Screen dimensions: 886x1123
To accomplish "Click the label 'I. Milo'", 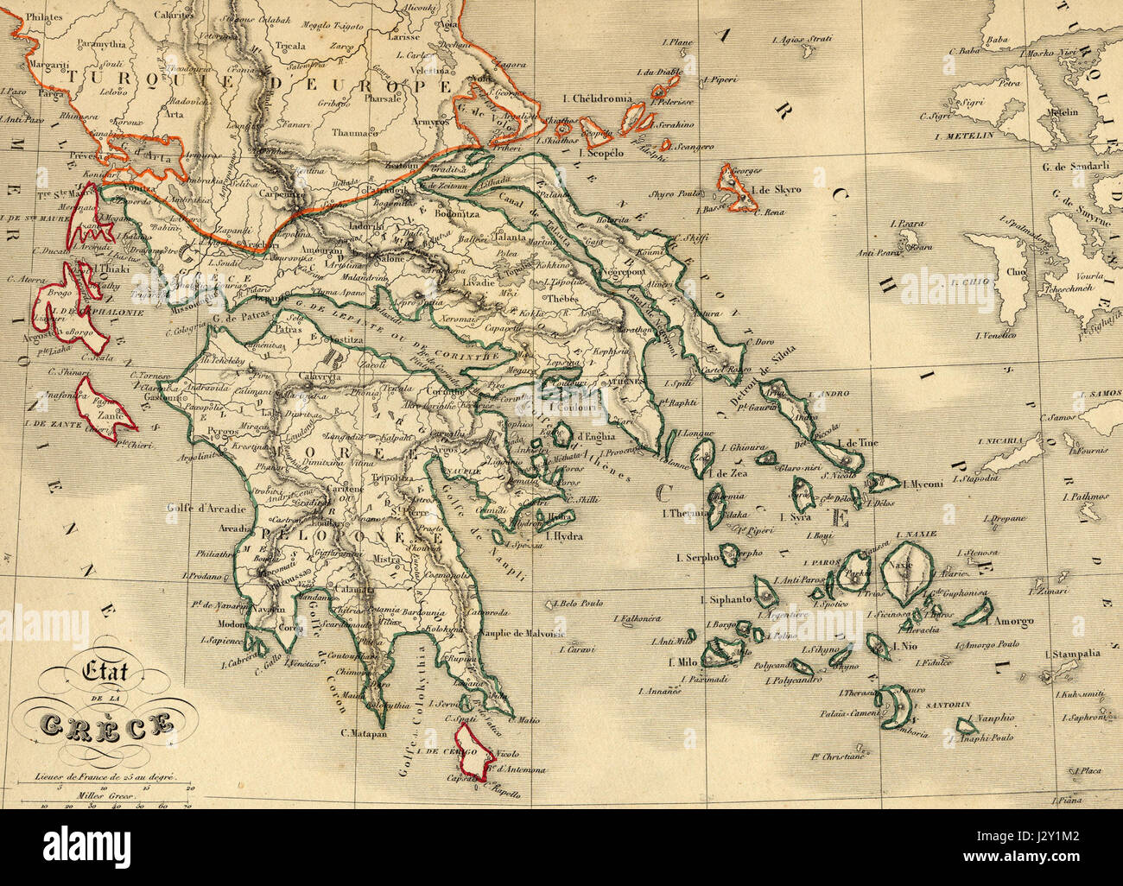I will click(x=682, y=662).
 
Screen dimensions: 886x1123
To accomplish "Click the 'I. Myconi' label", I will click(x=923, y=484).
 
